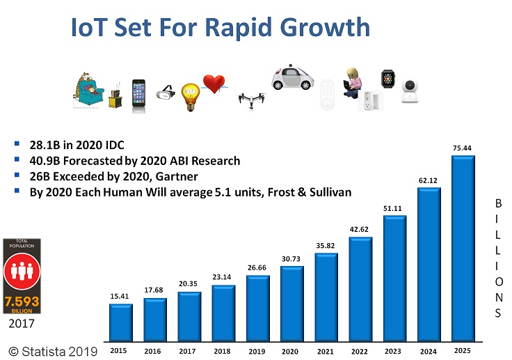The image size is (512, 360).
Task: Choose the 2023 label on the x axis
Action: pyautogui.click(x=394, y=351)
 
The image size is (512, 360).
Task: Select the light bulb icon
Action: pyautogui.click(x=191, y=96)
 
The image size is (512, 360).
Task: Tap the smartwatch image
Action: pyautogui.click(x=387, y=79)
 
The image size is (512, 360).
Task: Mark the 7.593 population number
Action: pyautogui.click(x=22, y=302)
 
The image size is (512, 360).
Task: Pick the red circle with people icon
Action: pyautogui.click(x=22, y=272)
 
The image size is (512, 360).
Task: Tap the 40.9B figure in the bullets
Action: pyautogui.click(x=45, y=161)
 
